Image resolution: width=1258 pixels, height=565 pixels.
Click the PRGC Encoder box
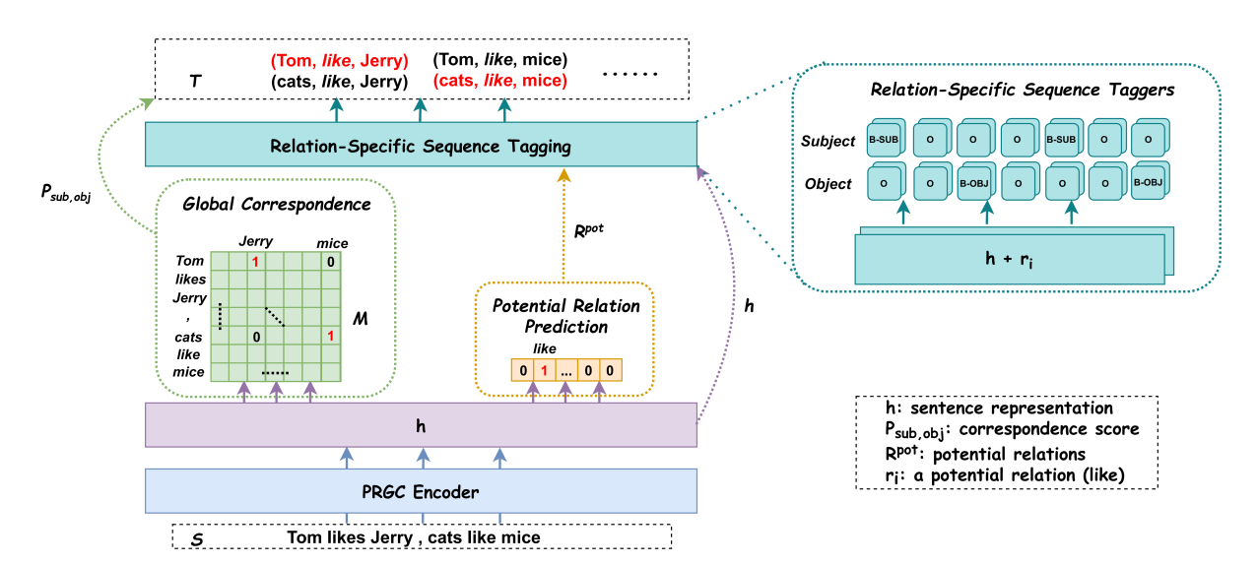pyautogui.click(x=422, y=491)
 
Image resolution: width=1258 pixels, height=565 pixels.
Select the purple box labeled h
pyautogui.click(x=422, y=425)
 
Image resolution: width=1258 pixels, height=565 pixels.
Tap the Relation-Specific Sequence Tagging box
pyautogui.click(x=422, y=147)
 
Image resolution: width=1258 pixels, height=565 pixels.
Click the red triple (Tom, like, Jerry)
pyautogui.click(x=340, y=60)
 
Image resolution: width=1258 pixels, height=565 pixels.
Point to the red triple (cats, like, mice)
pyautogui.click(x=500, y=80)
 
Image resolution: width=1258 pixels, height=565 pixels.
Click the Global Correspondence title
pyautogui.click(x=276, y=205)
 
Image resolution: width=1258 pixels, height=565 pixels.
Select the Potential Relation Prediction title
pyautogui.click(x=565, y=316)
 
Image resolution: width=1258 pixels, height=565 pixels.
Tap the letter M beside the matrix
pyautogui.click(x=361, y=320)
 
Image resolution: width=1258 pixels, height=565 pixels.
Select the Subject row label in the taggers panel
pyautogui.click(x=828, y=141)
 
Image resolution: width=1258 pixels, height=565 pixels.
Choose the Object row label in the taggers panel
pyautogui.click(x=828, y=183)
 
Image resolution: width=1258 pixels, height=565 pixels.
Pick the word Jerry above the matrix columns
pyautogui.click(x=256, y=242)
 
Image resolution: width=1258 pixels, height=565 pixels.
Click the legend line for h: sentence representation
pyautogui.click(x=999, y=408)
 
